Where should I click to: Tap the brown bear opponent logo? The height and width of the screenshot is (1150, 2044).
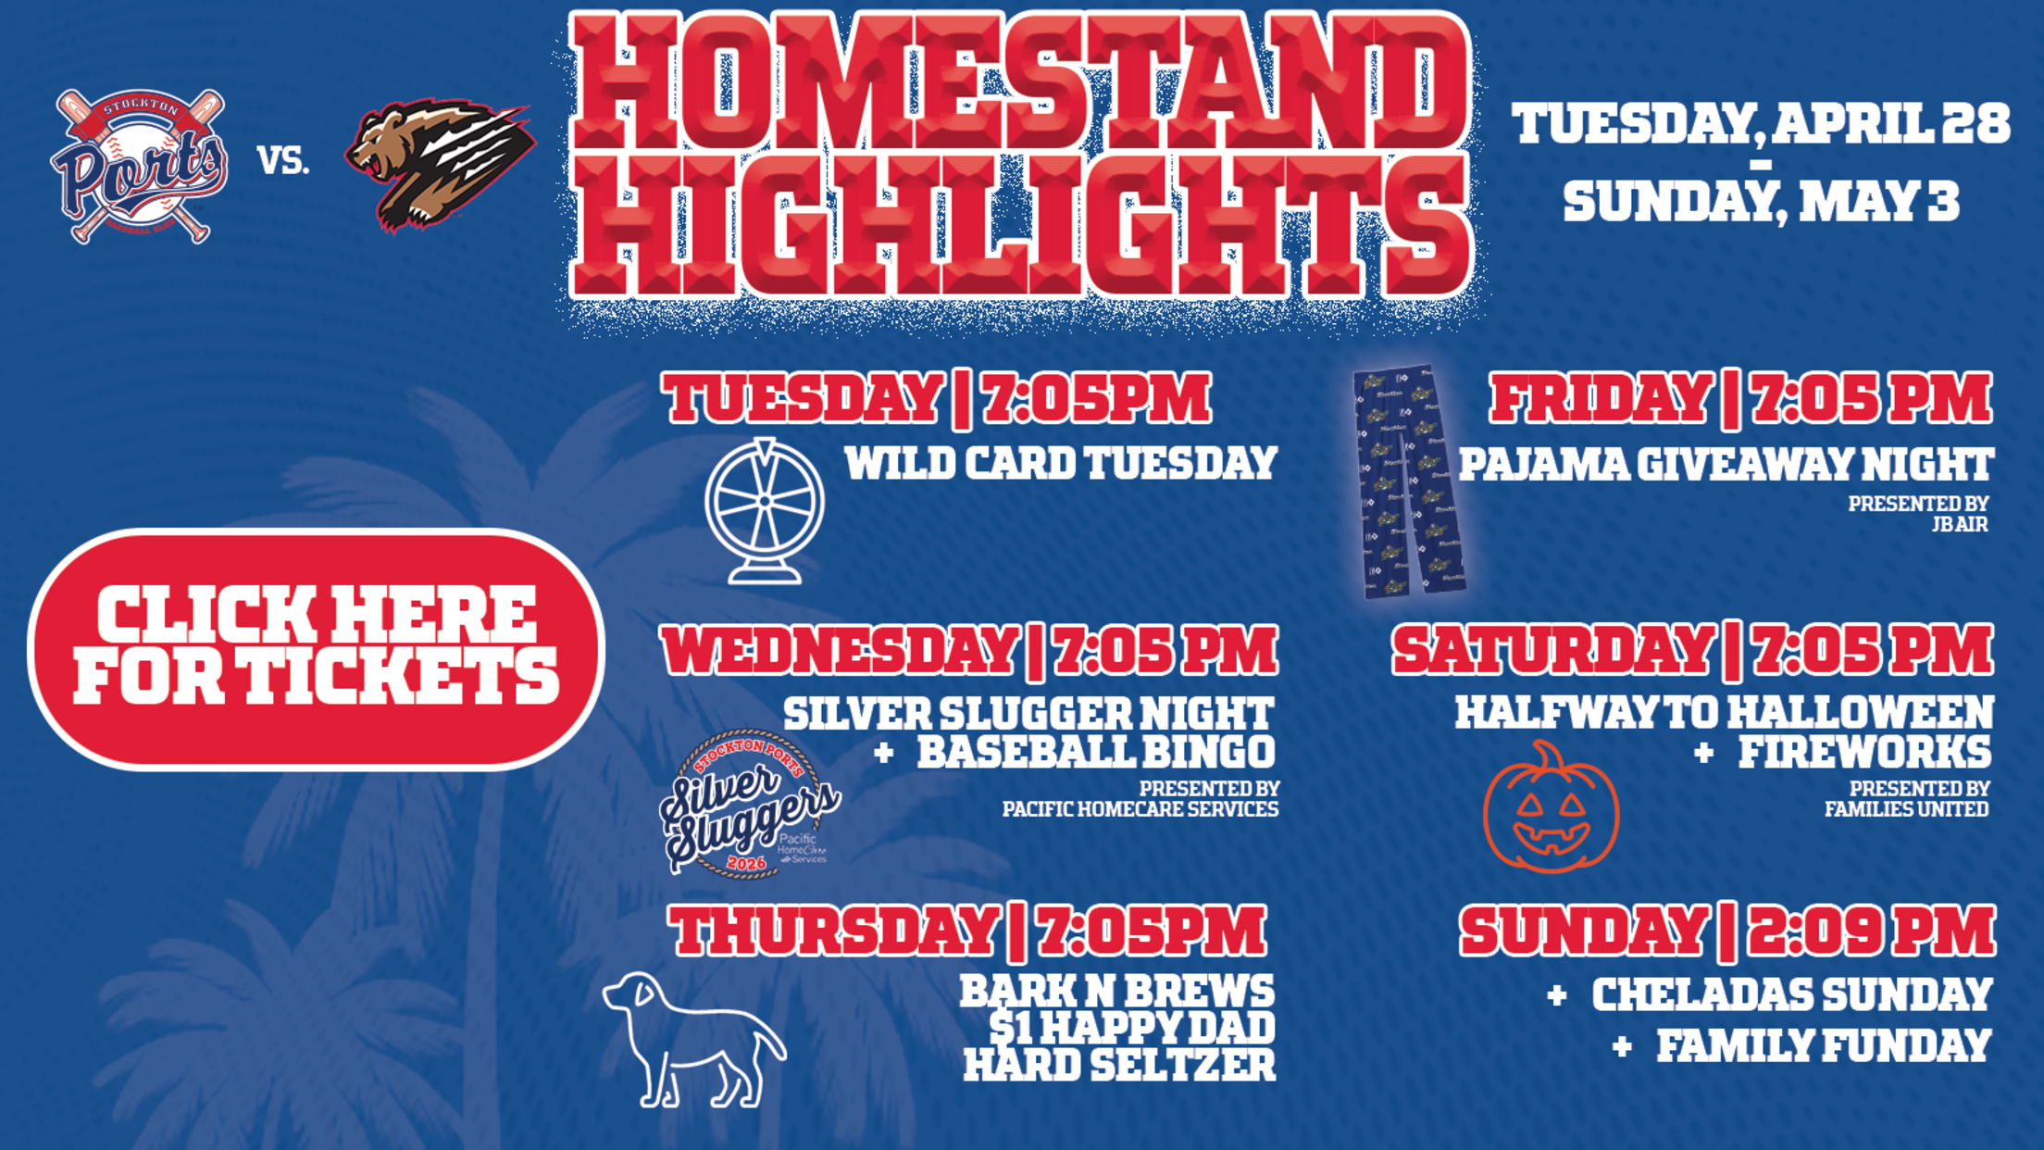coord(439,165)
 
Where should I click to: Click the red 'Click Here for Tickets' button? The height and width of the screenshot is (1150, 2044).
coord(317,649)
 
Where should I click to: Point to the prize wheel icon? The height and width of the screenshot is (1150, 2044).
coord(765,511)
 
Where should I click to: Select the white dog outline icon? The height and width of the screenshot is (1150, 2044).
coord(692,1039)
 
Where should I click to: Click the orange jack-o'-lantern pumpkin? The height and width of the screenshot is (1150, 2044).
coord(1552,807)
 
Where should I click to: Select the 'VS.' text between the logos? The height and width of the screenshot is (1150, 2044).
coord(283,161)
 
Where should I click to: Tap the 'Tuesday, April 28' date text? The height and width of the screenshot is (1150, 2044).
coord(1761,124)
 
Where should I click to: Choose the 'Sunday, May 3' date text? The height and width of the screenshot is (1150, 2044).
coord(1761,202)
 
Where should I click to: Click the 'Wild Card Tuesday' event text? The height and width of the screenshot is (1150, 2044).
coord(1061,463)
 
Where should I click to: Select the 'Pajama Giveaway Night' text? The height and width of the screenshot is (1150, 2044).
coord(1726,464)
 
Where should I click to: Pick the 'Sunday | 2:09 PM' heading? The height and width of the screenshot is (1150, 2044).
coord(1727,931)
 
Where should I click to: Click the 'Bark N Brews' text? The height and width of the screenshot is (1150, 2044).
coord(1117,992)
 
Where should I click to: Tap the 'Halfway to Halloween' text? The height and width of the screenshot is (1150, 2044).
coord(1724,713)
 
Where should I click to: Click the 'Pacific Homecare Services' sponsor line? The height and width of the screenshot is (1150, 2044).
coord(1140,809)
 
